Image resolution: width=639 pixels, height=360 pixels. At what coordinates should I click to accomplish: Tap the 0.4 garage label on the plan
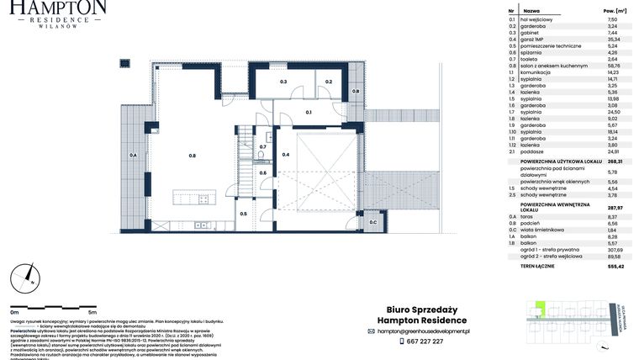point(286,155)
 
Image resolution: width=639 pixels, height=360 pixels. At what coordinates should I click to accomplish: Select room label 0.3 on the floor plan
point(284,82)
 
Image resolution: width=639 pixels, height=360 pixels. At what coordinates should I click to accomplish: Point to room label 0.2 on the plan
point(329,82)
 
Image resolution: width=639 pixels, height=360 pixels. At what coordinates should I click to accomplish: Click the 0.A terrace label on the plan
point(133,156)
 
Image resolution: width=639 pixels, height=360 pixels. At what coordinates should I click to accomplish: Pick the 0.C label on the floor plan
point(372,222)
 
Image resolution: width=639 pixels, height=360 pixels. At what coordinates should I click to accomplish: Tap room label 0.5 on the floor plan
point(244,214)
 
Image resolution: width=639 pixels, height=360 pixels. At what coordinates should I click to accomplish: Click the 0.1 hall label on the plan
point(309,112)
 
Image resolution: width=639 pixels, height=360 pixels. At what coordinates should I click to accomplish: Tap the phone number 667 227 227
point(421,341)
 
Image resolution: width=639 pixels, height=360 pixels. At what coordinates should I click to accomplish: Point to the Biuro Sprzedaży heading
point(409,309)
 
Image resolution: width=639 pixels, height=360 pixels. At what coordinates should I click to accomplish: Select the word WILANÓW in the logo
point(58,25)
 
